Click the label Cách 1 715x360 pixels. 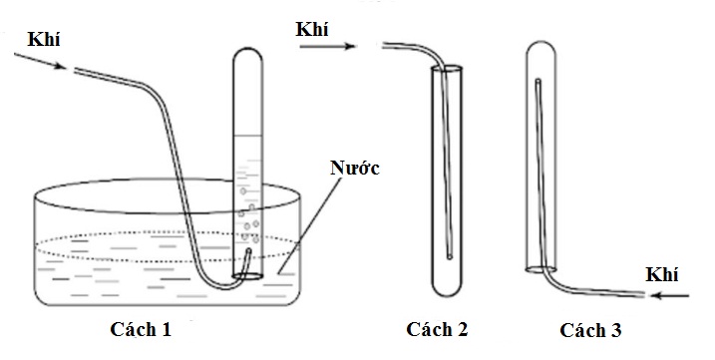[147, 328]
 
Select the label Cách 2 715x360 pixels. [437, 328]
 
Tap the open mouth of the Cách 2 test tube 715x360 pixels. [448, 69]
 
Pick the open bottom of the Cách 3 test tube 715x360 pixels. [541, 269]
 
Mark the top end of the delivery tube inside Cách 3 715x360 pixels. [537, 85]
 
